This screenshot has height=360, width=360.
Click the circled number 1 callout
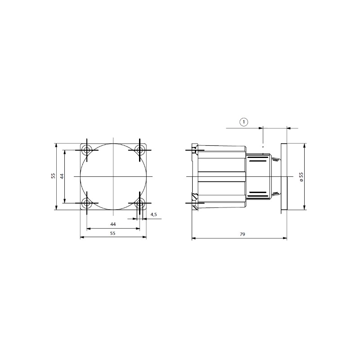pos(244,122)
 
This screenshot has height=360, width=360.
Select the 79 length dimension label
pos(243,234)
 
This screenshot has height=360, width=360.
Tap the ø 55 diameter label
pos(301,177)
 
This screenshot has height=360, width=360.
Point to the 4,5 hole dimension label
pos(153,215)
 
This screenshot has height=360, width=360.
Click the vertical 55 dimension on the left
pos(53,176)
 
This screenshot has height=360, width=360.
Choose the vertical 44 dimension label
pos(62,176)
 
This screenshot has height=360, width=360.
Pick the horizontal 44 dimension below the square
pos(113,224)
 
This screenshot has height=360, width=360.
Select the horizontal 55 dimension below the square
pos(112,233)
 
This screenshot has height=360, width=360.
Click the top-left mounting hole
pos(87,150)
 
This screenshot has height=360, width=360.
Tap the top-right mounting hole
pos(139,150)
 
